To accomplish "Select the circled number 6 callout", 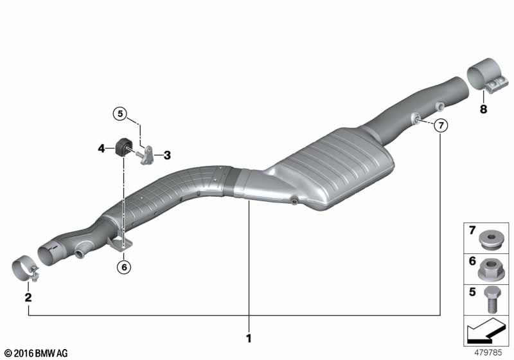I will pos(124,265).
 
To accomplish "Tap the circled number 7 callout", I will pos(439,126).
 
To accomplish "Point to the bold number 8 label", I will pos(483,109).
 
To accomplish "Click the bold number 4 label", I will pos(102,148).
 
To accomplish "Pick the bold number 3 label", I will pos(166,154).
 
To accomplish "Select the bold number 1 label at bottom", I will pos(248,337).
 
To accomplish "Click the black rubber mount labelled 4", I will pos(122,146).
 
